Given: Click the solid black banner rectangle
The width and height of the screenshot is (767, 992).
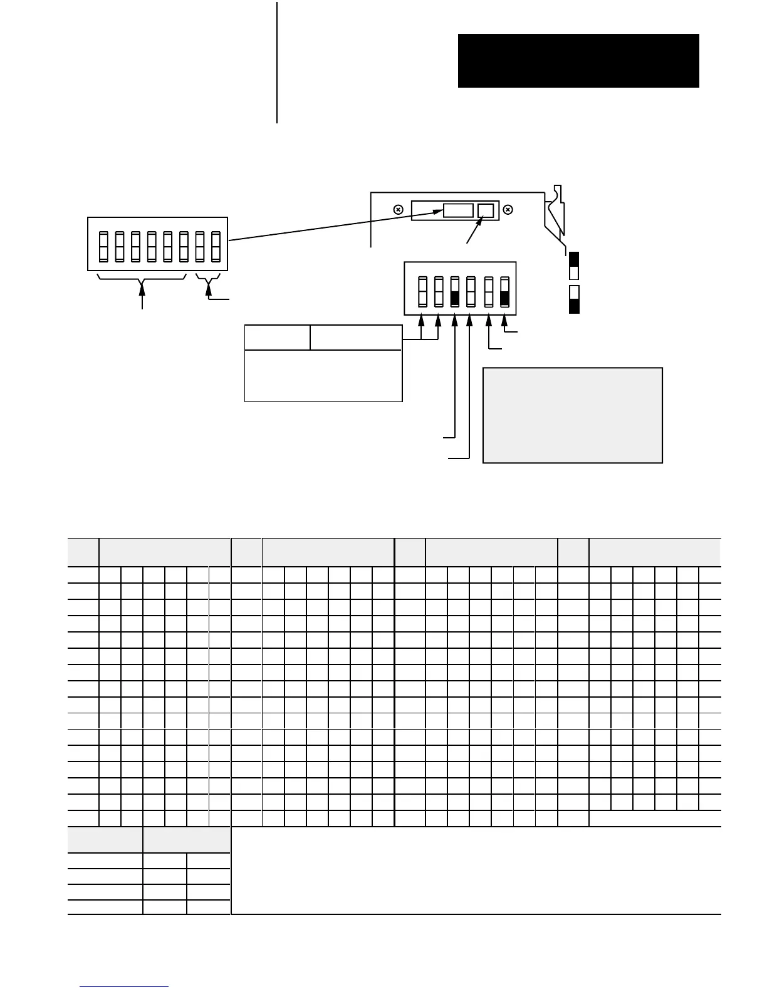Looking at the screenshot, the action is pyautogui.click(x=578, y=61).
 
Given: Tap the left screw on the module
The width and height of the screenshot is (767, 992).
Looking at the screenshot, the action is pyautogui.click(x=398, y=210).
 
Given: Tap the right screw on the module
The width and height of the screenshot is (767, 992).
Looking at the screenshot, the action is pyautogui.click(x=508, y=210).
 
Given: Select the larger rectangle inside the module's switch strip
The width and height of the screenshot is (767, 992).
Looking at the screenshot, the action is pyautogui.click(x=458, y=210).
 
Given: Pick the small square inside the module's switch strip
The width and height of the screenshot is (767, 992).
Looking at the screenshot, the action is pyautogui.click(x=486, y=210).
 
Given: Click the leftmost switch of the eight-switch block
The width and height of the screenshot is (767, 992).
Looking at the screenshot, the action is pyautogui.click(x=105, y=247).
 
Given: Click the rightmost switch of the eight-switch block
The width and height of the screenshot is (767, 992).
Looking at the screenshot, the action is pyautogui.click(x=216, y=247).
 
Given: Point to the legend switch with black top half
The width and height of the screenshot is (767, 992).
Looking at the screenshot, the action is pyautogui.click(x=573, y=266).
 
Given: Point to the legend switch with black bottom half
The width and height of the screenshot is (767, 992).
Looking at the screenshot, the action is pyautogui.click(x=573, y=299).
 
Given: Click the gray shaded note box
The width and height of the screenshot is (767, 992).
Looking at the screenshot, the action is pyautogui.click(x=572, y=415).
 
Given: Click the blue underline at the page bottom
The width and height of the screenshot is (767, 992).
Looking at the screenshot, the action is pyautogui.click(x=124, y=987).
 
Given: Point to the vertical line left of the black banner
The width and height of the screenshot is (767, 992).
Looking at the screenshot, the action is pyautogui.click(x=276, y=63).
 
